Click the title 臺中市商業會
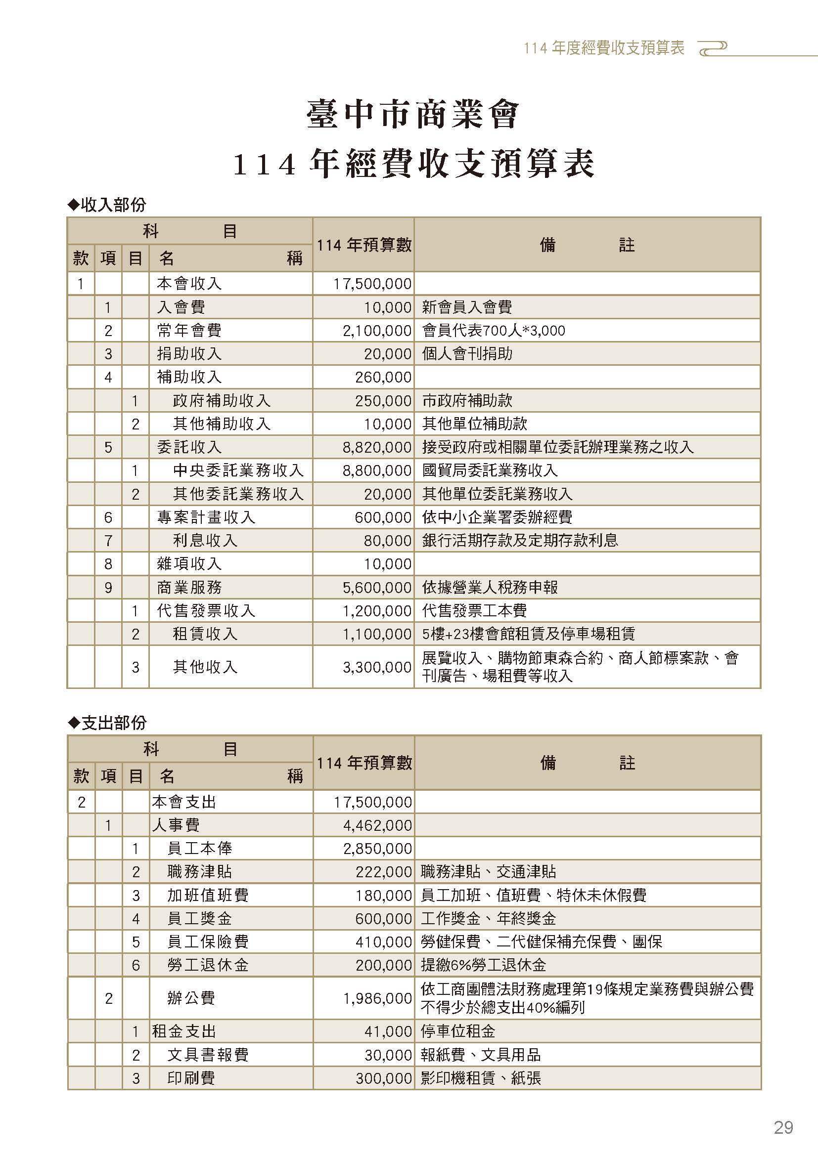pyautogui.click(x=412, y=115)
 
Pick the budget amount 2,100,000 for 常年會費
pyautogui.click(x=377, y=331)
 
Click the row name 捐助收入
pyautogui.click(x=189, y=354)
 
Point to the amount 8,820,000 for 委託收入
pyautogui.click(x=377, y=447)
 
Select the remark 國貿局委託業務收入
pyautogui.click(x=490, y=471)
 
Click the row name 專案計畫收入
pyautogui.click(x=206, y=517)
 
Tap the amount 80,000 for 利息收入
pyautogui.click(x=387, y=541)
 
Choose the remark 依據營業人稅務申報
pyautogui.click(x=490, y=588)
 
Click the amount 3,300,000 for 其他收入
pyautogui.click(x=377, y=667)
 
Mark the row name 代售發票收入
pyautogui.click(x=206, y=611)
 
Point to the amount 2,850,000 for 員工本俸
pyautogui.click(x=377, y=849)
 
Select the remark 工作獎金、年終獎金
pyautogui.click(x=488, y=919)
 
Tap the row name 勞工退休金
pyautogui.click(x=208, y=965)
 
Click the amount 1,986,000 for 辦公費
pyautogui.click(x=377, y=998)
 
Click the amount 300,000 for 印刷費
pyautogui.click(x=383, y=1078)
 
